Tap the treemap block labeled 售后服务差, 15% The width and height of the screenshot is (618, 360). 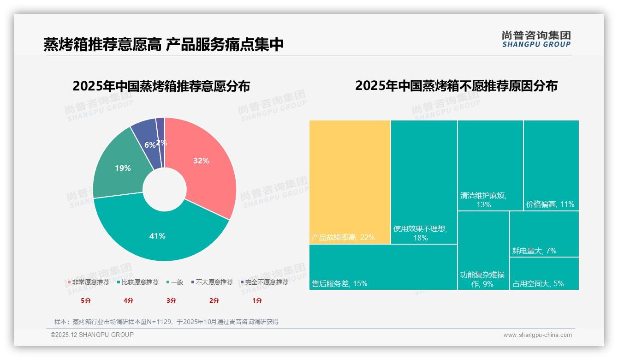pyautogui.click(x=383, y=267)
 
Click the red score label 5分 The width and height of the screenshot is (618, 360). pyautogui.click(x=86, y=300)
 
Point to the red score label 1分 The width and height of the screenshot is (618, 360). pyautogui.click(x=257, y=300)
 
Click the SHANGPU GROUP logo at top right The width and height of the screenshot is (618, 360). pyautogui.click(x=536, y=39)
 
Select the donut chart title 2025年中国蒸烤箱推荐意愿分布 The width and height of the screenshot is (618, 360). pyautogui.click(x=161, y=86)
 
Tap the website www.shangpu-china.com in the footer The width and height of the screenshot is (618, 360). pyautogui.click(x=537, y=335)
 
